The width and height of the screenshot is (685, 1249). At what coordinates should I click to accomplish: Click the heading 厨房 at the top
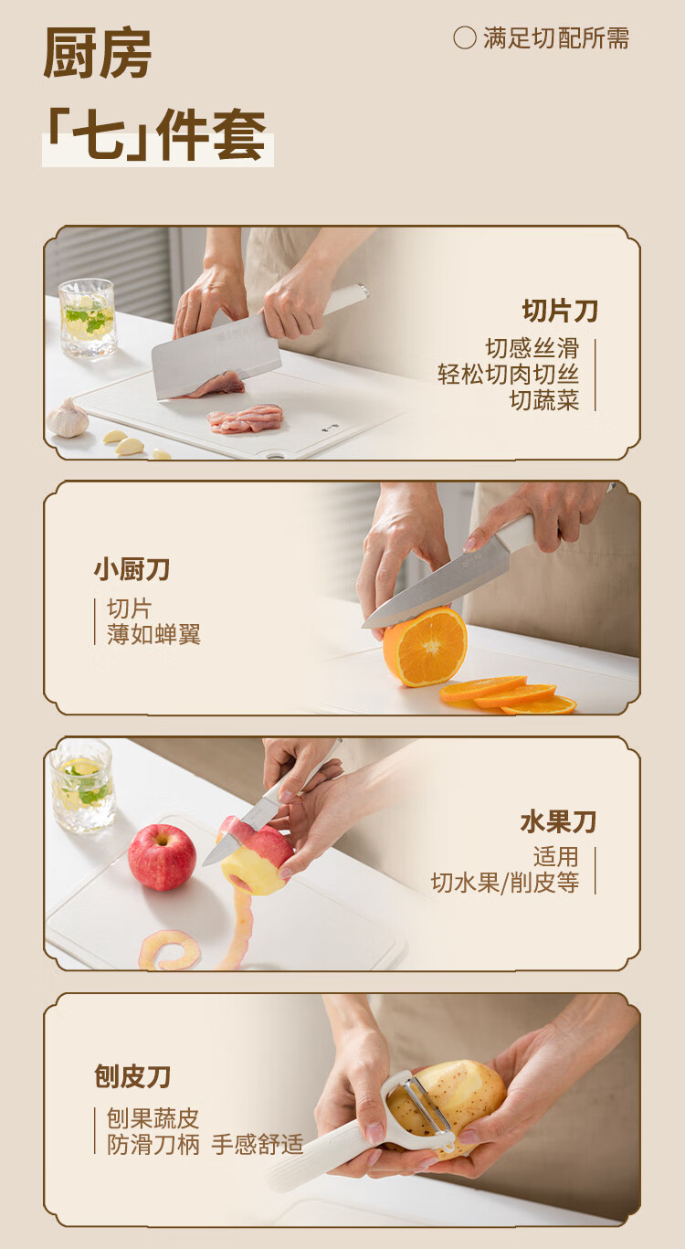98,53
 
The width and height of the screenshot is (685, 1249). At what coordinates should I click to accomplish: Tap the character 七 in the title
99,134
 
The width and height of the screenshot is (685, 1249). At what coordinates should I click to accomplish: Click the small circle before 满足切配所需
464,38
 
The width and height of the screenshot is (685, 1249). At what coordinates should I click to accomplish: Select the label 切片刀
560,311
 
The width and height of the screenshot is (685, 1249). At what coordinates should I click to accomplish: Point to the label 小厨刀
132,569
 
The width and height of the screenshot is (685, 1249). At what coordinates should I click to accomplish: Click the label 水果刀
558,822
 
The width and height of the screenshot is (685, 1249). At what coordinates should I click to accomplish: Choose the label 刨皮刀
132,1076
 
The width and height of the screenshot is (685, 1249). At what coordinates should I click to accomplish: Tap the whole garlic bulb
68,418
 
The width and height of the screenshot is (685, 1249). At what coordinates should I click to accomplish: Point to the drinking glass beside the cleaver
88,318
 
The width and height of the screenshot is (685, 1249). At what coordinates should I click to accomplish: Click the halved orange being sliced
425,647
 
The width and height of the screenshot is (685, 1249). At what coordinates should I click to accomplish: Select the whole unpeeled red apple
162,856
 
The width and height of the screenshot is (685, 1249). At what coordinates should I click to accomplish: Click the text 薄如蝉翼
153,634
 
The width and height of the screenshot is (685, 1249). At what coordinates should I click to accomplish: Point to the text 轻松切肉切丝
508,374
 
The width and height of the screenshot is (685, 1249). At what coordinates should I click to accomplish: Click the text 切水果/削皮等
505,883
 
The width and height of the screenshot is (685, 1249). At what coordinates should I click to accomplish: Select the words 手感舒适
258,1145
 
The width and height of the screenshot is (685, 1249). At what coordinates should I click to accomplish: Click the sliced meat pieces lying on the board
246,418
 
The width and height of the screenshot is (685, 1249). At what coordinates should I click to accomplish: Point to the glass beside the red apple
82,786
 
